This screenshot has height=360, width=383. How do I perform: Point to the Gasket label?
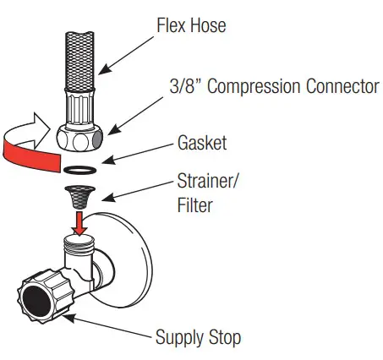coord(200,144)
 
